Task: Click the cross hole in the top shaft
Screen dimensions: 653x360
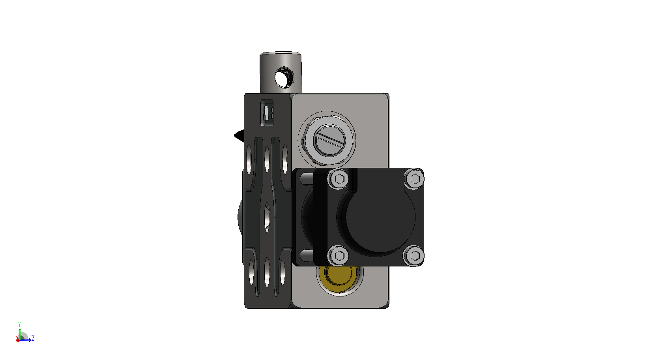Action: [284, 77]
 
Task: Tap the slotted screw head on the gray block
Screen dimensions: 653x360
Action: [329, 140]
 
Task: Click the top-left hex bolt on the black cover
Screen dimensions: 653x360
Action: [338, 179]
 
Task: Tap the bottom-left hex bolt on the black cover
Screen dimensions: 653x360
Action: [338, 256]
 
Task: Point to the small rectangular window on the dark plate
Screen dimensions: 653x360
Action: [267, 112]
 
